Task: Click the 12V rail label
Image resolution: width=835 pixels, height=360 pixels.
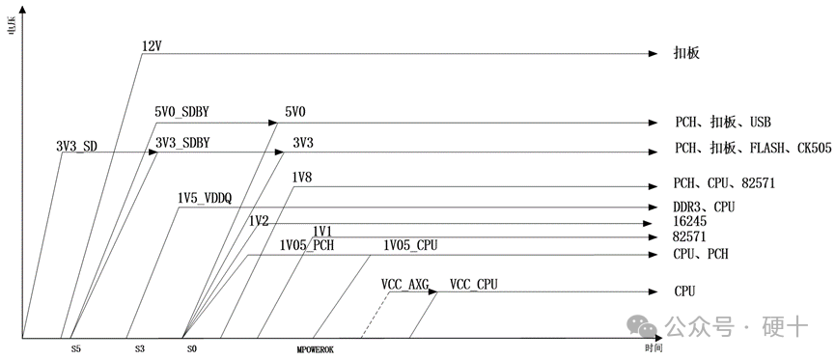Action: point(153,46)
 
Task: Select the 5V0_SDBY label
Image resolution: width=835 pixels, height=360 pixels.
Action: point(181,113)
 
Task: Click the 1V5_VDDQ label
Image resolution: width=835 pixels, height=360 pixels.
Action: point(204,198)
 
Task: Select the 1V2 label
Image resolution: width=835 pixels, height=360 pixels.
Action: point(259,221)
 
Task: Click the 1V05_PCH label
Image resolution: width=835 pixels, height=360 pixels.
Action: point(306,245)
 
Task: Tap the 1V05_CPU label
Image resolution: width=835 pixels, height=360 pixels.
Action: point(410,245)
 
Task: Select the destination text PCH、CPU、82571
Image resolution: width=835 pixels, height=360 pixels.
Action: point(725,183)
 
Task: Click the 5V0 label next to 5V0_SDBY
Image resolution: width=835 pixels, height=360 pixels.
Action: point(295,113)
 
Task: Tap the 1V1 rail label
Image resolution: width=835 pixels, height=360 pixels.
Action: point(322,231)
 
